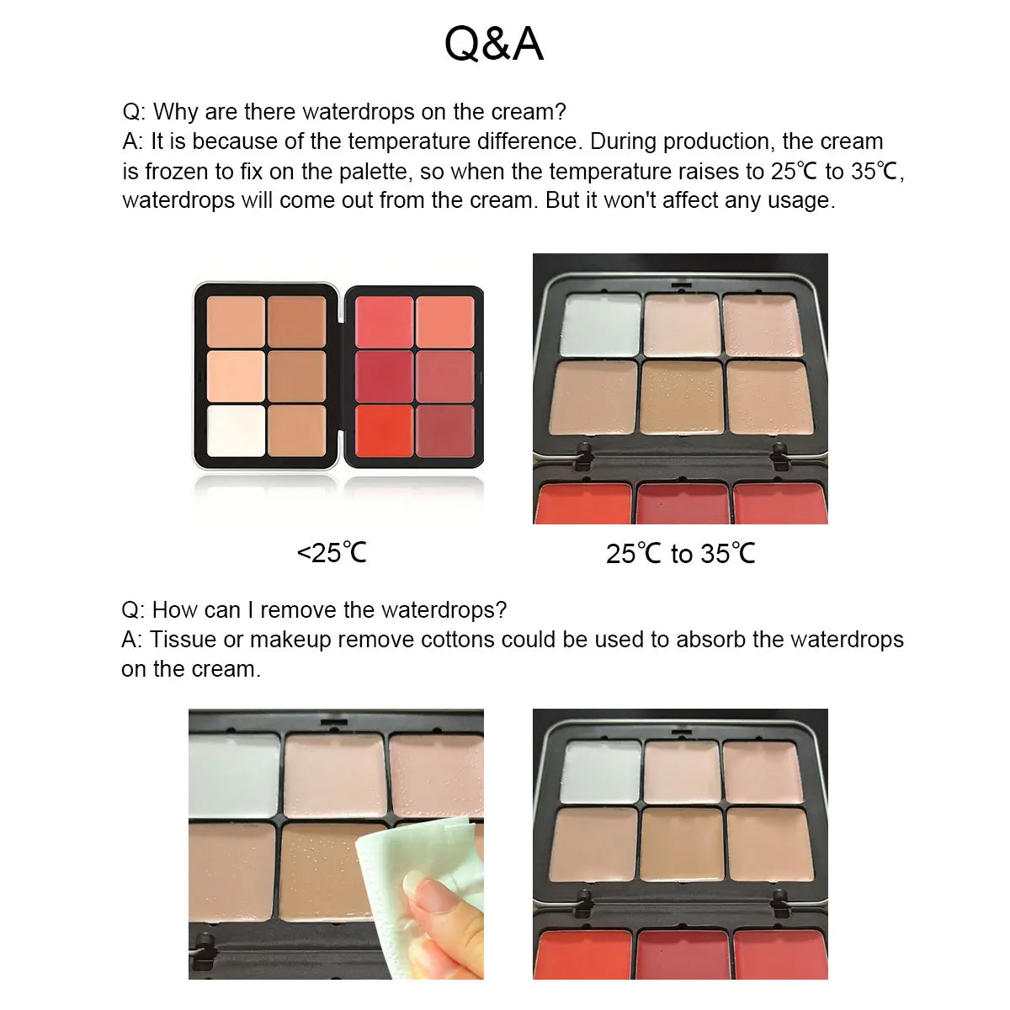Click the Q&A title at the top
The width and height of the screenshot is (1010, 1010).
(494, 44)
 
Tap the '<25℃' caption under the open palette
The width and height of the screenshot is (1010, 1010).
(332, 553)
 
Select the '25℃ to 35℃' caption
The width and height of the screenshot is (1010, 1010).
(680, 554)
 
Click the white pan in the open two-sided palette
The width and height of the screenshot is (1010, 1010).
(236, 431)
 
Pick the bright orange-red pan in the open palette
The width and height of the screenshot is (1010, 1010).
(384, 431)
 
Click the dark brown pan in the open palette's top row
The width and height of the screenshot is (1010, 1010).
(297, 322)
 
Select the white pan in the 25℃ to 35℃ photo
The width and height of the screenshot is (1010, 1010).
(601, 325)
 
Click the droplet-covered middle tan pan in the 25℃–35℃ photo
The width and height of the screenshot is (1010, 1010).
(682, 397)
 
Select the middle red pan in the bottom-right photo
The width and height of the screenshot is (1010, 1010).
(682, 954)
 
